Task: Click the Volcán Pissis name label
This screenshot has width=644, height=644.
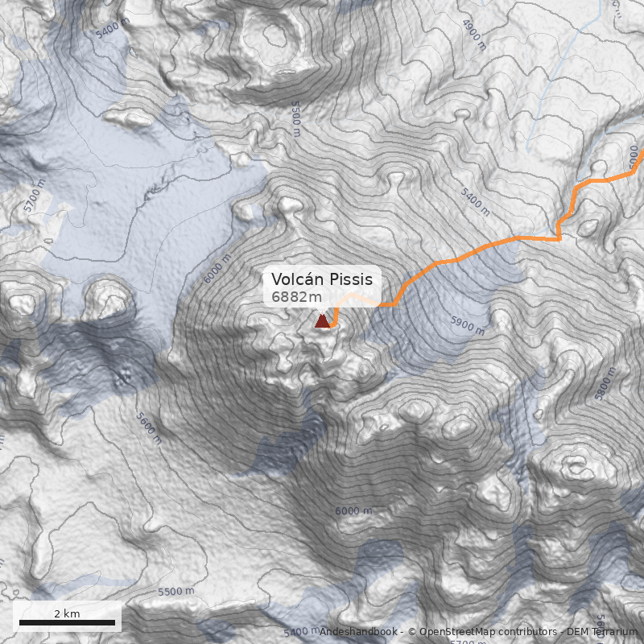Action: tap(322, 279)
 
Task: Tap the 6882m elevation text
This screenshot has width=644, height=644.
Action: tap(297, 298)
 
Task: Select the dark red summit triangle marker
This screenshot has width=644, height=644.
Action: tap(322, 321)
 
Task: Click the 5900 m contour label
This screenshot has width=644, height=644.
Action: tap(468, 324)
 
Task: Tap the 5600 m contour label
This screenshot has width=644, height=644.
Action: tap(151, 428)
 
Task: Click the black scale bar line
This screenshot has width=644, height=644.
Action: tap(67, 622)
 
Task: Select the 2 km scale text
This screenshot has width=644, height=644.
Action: tap(67, 613)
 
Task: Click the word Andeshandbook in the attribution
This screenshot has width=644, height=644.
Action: tap(359, 632)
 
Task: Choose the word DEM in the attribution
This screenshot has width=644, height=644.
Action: tap(579, 632)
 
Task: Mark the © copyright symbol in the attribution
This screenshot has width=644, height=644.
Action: tap(412, 632)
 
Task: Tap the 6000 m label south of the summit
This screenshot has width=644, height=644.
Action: tap(353, 511)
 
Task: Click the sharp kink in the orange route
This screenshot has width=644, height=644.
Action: tap(559, 238)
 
